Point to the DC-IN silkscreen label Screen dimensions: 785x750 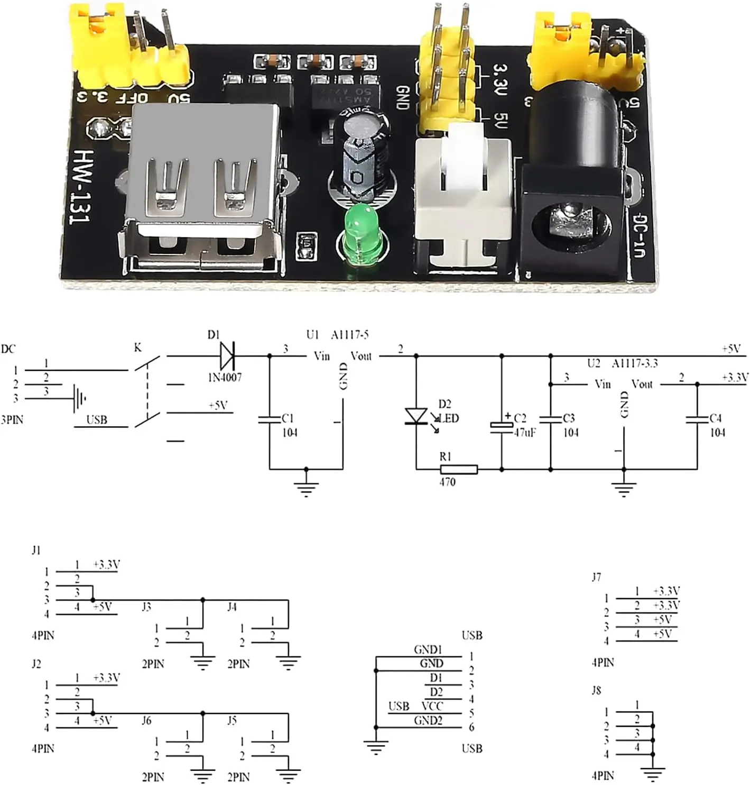click(640, 235)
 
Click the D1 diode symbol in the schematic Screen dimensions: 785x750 click(227, 355)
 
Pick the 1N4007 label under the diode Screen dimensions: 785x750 click(224, 377)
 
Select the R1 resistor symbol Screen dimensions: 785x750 click(458, 469)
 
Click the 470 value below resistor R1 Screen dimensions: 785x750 click(447, 482)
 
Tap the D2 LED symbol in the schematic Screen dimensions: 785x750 click(416, 416)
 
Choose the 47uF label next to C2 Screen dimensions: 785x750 click(524, 432)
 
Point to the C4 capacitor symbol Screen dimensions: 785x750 click(697, 419)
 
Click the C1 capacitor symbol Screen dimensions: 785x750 click(270, 419)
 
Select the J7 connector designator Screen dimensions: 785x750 click(596, 577)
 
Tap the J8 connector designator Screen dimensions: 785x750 click(596, 690)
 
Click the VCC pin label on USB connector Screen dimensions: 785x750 click(432, 706)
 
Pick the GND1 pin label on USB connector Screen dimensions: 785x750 click(428, 649)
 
